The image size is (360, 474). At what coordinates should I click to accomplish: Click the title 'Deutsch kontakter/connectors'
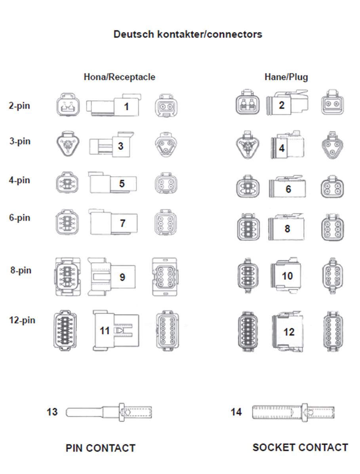(x=188, y=34)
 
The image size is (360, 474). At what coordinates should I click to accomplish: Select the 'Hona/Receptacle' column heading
(x=120, y=77)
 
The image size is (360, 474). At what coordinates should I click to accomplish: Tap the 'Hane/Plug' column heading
(x=286, y=77)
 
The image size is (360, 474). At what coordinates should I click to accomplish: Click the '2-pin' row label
(x=20, y=106)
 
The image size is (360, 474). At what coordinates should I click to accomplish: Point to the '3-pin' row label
(x=20, y=141)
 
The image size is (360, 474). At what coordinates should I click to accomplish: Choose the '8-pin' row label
(x=21, y=270)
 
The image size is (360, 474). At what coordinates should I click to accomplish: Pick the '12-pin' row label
(x=22, y=320)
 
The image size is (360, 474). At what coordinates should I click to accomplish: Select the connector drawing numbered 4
(x=288, y=145)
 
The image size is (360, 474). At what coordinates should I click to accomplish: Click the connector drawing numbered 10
(x=286, y=275)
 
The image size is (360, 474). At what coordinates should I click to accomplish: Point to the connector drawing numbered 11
(x=116, y=330)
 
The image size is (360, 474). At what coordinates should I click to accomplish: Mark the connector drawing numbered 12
(x=288, y=331)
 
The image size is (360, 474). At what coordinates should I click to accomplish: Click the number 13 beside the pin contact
(x=52, y=412)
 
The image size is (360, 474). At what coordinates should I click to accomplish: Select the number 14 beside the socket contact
(x=236, y=412)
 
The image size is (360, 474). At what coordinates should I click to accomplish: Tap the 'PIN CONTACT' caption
(x=101, y=448)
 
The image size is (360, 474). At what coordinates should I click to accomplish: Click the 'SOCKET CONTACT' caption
(x=301, y=447)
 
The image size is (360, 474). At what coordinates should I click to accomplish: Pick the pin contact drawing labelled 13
(x=109, y=412)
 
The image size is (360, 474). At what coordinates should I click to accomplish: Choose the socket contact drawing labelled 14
(x=293, y=412)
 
